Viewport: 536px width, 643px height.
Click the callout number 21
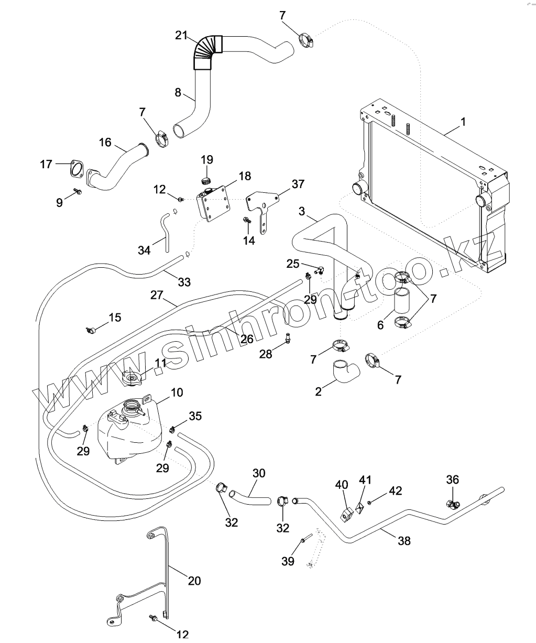[x=181, y=36]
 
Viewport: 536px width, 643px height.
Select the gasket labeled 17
[x=76, y=170]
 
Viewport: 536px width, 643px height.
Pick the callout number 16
[x=105, y=142]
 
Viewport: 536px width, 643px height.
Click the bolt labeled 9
[x=78, y=192]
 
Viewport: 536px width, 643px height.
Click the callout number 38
[x=404, y=541]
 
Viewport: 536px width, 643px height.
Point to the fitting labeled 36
[x=452, y=504]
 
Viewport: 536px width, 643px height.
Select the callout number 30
[x=259, y=473]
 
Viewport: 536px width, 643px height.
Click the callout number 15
[x=115, y=317]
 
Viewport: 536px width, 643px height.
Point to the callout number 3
[x=302, y=211]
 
